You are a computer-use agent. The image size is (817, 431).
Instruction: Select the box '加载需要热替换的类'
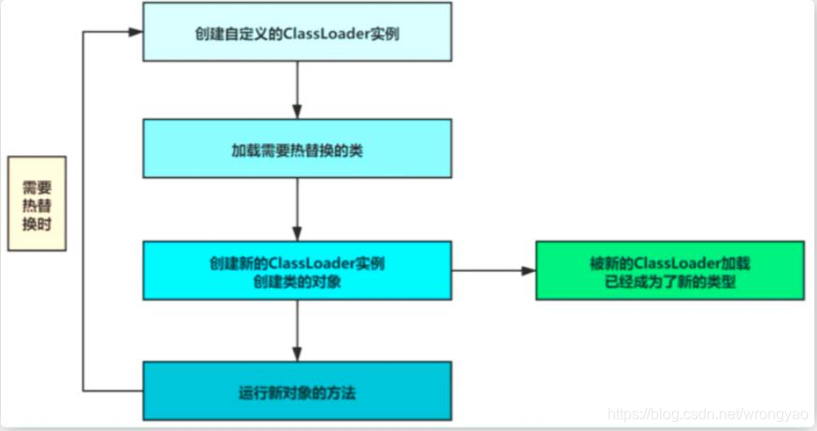[297, 148]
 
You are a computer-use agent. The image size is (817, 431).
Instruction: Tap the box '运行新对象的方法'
[297, 392]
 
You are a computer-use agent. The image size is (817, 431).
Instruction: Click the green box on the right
[669, 270]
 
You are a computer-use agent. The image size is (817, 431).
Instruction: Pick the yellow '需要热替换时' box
[37, 203]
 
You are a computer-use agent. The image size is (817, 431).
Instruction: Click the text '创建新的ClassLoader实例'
[297, 263]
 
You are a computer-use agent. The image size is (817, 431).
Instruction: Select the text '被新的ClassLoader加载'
[670, 262]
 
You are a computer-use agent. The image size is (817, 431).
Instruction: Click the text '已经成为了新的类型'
[670, 280]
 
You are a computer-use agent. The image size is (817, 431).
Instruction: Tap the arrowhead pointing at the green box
[529, 271]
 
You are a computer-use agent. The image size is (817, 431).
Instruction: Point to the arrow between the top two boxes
[297, 89]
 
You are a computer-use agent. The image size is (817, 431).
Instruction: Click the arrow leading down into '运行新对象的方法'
[297, 331]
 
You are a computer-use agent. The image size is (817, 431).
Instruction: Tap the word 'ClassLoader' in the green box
[665, 262]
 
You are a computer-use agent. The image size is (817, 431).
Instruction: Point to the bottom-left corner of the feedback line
[84, 390]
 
